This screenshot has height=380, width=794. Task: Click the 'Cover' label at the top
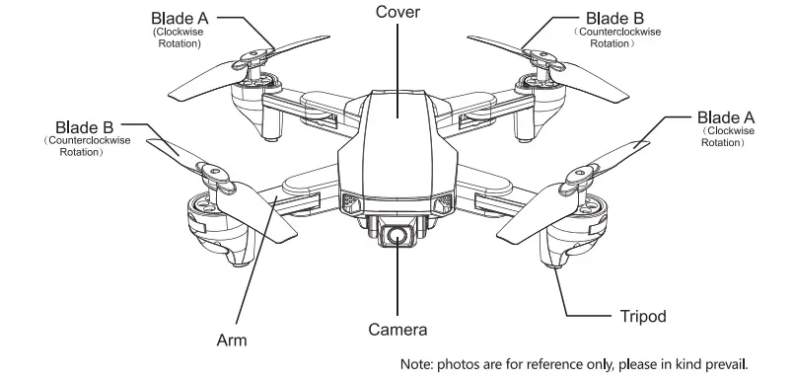coord(397,12)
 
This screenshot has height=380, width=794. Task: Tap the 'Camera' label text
coord(397,329)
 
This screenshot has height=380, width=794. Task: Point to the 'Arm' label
coord(231,341)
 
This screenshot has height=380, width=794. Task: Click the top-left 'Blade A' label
coord(180,17)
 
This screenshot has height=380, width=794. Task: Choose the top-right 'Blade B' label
coord(616,17)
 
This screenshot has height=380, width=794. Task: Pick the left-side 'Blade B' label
coord(84,126)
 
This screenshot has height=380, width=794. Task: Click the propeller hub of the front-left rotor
coord(211,179)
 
